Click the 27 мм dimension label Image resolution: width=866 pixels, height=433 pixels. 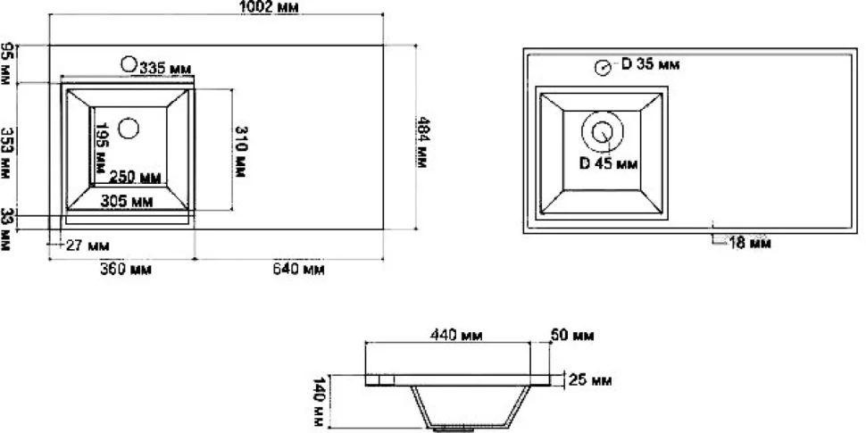[87, 246]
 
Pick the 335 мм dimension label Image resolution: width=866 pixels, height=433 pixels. [165, 69]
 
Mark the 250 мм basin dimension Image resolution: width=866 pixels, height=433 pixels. [136, 178]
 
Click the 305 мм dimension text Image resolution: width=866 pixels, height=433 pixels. [127, 202]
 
